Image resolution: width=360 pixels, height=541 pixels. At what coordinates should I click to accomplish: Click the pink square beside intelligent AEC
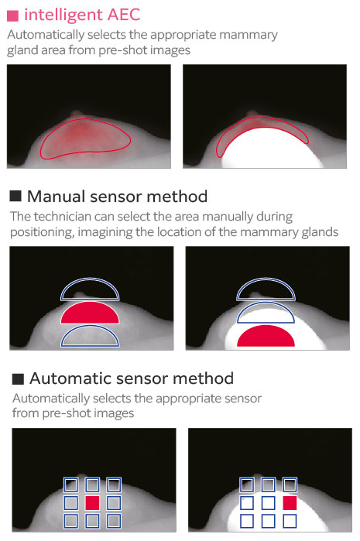click(12, 16)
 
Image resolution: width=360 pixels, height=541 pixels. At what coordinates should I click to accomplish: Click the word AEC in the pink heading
click(124, 15)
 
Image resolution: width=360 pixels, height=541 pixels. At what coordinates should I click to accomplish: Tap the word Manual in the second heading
click(57, 197)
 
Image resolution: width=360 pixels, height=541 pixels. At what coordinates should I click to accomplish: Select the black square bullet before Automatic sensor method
click(18, 378)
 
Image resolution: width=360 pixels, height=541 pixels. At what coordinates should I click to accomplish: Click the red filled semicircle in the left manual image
click(90, 313)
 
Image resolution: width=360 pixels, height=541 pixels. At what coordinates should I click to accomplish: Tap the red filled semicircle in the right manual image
click(266, 336)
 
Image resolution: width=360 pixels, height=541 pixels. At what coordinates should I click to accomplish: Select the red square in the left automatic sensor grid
click(92, 503)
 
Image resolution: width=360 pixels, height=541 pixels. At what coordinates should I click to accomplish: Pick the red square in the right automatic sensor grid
click(290, 503)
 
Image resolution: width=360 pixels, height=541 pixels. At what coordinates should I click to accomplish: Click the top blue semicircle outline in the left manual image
click(90, 280)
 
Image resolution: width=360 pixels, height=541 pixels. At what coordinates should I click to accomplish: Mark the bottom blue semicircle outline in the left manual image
click(90, 327)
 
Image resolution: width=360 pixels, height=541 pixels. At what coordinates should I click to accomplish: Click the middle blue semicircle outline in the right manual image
click(266, 303)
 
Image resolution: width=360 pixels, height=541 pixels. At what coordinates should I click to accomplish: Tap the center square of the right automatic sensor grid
click(268, 503)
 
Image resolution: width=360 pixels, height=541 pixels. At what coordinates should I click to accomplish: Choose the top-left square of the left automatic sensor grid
click(70, 485)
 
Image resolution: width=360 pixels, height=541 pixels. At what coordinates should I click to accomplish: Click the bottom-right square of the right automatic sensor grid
click(290, 521)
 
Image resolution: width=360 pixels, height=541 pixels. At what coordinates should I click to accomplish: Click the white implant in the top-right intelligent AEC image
click(272, 149)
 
